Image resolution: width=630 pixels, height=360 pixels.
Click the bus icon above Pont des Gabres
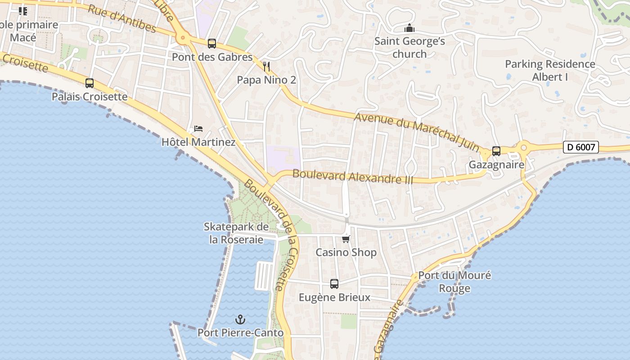(212, 44)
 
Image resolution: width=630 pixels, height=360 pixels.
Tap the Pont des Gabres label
(212, 57)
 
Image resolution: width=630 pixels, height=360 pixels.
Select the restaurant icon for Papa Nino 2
(266, 67)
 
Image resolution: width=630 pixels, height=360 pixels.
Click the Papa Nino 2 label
(266, 80)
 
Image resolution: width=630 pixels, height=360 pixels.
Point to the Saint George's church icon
(409, 28)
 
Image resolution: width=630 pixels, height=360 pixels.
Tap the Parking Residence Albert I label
(550, 70)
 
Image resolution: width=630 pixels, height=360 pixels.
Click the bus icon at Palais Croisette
(90, 83)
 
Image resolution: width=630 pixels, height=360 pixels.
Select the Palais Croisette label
(90, 97)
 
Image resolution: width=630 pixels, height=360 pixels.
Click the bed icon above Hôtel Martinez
(198, 129)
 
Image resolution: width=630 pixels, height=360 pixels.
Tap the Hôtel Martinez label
(198, 142)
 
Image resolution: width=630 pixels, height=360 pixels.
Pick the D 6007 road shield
(580, 147)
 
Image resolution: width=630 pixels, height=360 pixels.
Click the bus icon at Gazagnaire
(496, 151)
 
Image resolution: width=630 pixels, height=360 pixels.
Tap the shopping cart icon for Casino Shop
(346, 239)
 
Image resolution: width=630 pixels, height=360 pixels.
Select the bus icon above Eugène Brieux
(334, 284)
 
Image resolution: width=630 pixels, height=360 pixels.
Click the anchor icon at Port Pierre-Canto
(241, 319)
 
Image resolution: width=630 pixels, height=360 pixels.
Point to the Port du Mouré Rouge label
(454, 281)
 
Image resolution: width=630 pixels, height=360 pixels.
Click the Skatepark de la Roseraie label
(236, 233)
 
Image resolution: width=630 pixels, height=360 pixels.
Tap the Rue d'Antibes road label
(122, 19)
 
